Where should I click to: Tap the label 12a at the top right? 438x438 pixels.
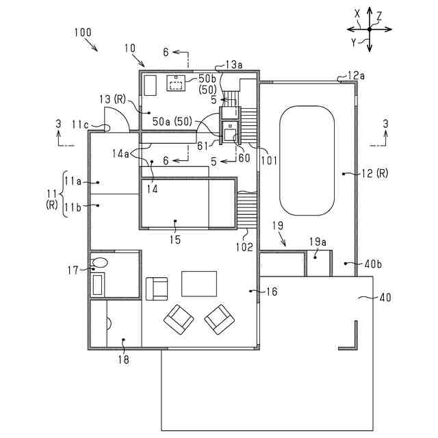pyautogui.click(x=357, y=75)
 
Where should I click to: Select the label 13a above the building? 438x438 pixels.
pyautogui.click(x=233, y=65)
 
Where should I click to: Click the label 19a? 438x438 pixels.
pyautogui.click(x=318, y=242)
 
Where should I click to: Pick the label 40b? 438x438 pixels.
pyautogui.click(x=374, y=263)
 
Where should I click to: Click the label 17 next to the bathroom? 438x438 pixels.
pyautogui.click(x=74, y=270)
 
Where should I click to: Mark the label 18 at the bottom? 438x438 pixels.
pyautogui.click(x=123, y=359)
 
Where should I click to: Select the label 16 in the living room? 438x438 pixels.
pyautogui.click(x=272, y=292)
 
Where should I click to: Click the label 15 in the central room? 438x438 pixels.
pyautogui.click(x=175, y=240)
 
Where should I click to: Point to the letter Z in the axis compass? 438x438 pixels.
pyautogui.click(x=379, y=15)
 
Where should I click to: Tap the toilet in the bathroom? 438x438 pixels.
pyautogui.click(x=101, y=261)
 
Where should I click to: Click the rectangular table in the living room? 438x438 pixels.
pyautogui.click(x=198, y=283)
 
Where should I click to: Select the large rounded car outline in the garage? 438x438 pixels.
pyautogui.click(x=307, y=160)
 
